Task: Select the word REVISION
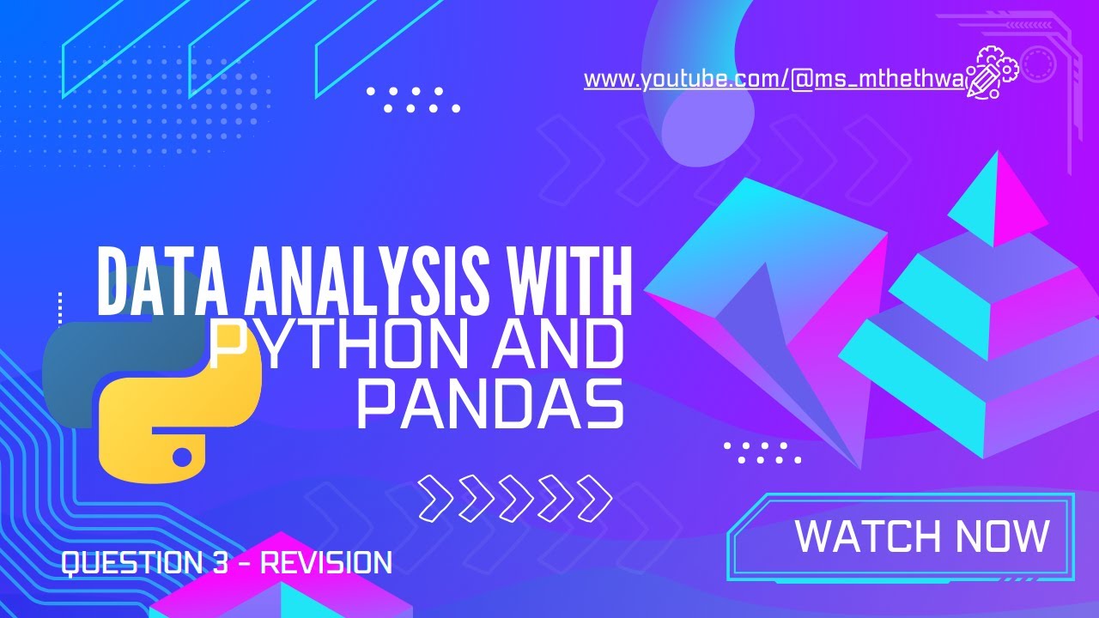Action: click(x=326, y=564)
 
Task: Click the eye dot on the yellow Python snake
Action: click(x=181, y=455)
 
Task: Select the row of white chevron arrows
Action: click(x=515, y=498)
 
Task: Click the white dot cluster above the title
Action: click(x=412, y=100)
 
